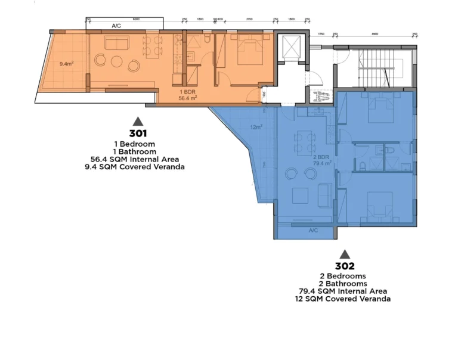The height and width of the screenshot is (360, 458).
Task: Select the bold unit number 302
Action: pyautogui.click(x=345, y=266)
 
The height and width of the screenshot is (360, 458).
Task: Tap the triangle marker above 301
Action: pyautogui.click(x=138, y=120)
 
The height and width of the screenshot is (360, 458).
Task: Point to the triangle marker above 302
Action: pyautogui.click(x=345, y=253)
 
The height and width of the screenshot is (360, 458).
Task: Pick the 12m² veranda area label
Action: pyautogui.click(x=256, y=127)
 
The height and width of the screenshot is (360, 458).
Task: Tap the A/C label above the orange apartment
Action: pyautogui.click(x=116, y=26)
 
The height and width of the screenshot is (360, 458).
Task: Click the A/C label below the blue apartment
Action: pyautogui.click(x=312, y=229)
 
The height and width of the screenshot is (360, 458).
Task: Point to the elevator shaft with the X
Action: pyautogui.click(x=292, y=47)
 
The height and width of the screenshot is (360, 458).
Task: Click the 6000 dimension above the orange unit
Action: pyautogui.click(x=137, y=19)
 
